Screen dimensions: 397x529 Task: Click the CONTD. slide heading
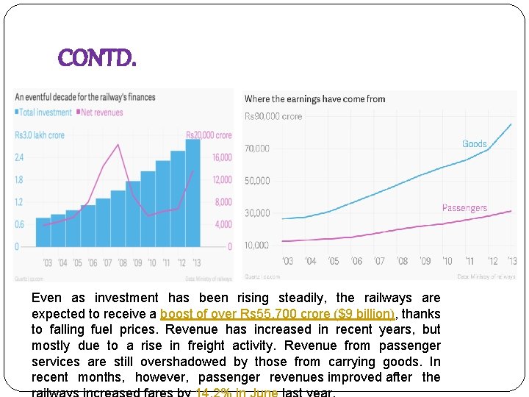pos(96,57)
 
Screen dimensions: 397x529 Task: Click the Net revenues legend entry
pos(101,112)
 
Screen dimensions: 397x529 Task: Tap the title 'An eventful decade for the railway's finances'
pos(85,97)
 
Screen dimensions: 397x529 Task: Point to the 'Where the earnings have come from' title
pos(314,99)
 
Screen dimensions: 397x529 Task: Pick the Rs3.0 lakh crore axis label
pos(40,135)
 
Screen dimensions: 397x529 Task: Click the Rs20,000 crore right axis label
pos(209,135)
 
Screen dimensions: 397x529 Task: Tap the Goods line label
pos(474,143)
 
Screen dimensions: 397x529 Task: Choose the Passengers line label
pos(464,208)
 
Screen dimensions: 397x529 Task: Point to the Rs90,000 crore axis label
pos(273,116)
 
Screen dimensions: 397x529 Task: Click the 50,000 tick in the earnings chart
pos(257,181)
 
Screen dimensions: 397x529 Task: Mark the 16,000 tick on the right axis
pos(223,157)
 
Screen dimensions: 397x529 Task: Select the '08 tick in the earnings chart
pos(402,261)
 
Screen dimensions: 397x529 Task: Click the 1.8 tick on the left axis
pos(19,179)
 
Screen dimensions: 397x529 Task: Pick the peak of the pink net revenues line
pos(118,145)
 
